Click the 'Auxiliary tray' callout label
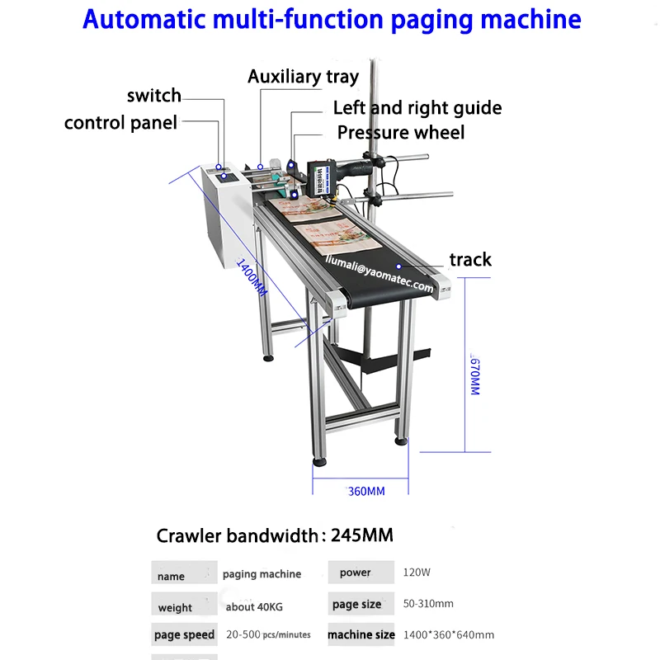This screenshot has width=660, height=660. click(x=303, y=77)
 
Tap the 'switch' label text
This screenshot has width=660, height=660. click(x=154, y=96)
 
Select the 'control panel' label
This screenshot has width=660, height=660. click(x=120, y=123)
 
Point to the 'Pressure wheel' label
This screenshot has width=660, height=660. click(x=401, y=133)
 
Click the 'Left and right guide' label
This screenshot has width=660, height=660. click(x=417, y=108)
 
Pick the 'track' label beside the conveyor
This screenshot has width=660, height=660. click(x=470, y=260)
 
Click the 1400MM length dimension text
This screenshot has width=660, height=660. click(x=252, y=277)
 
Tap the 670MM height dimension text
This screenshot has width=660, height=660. click(x=475, y=376)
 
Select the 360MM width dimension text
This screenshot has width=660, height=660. click(x=366, y=491)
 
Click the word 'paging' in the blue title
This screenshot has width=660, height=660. click(x=431, y=20)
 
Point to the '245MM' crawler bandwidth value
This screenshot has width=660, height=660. click(x=362, y=535)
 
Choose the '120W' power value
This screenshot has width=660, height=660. click(x=417, y=573)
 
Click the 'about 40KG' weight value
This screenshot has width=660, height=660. click(x=254, y=607)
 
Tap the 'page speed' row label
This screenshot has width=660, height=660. click(x=184, y=634)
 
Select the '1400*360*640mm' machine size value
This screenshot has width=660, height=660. click(x=449, y=634)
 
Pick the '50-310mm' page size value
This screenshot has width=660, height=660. click(x=428, y=604)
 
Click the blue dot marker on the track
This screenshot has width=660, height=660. click(x=398, y=266)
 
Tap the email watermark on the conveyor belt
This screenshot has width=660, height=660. click(x=379, y=274)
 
